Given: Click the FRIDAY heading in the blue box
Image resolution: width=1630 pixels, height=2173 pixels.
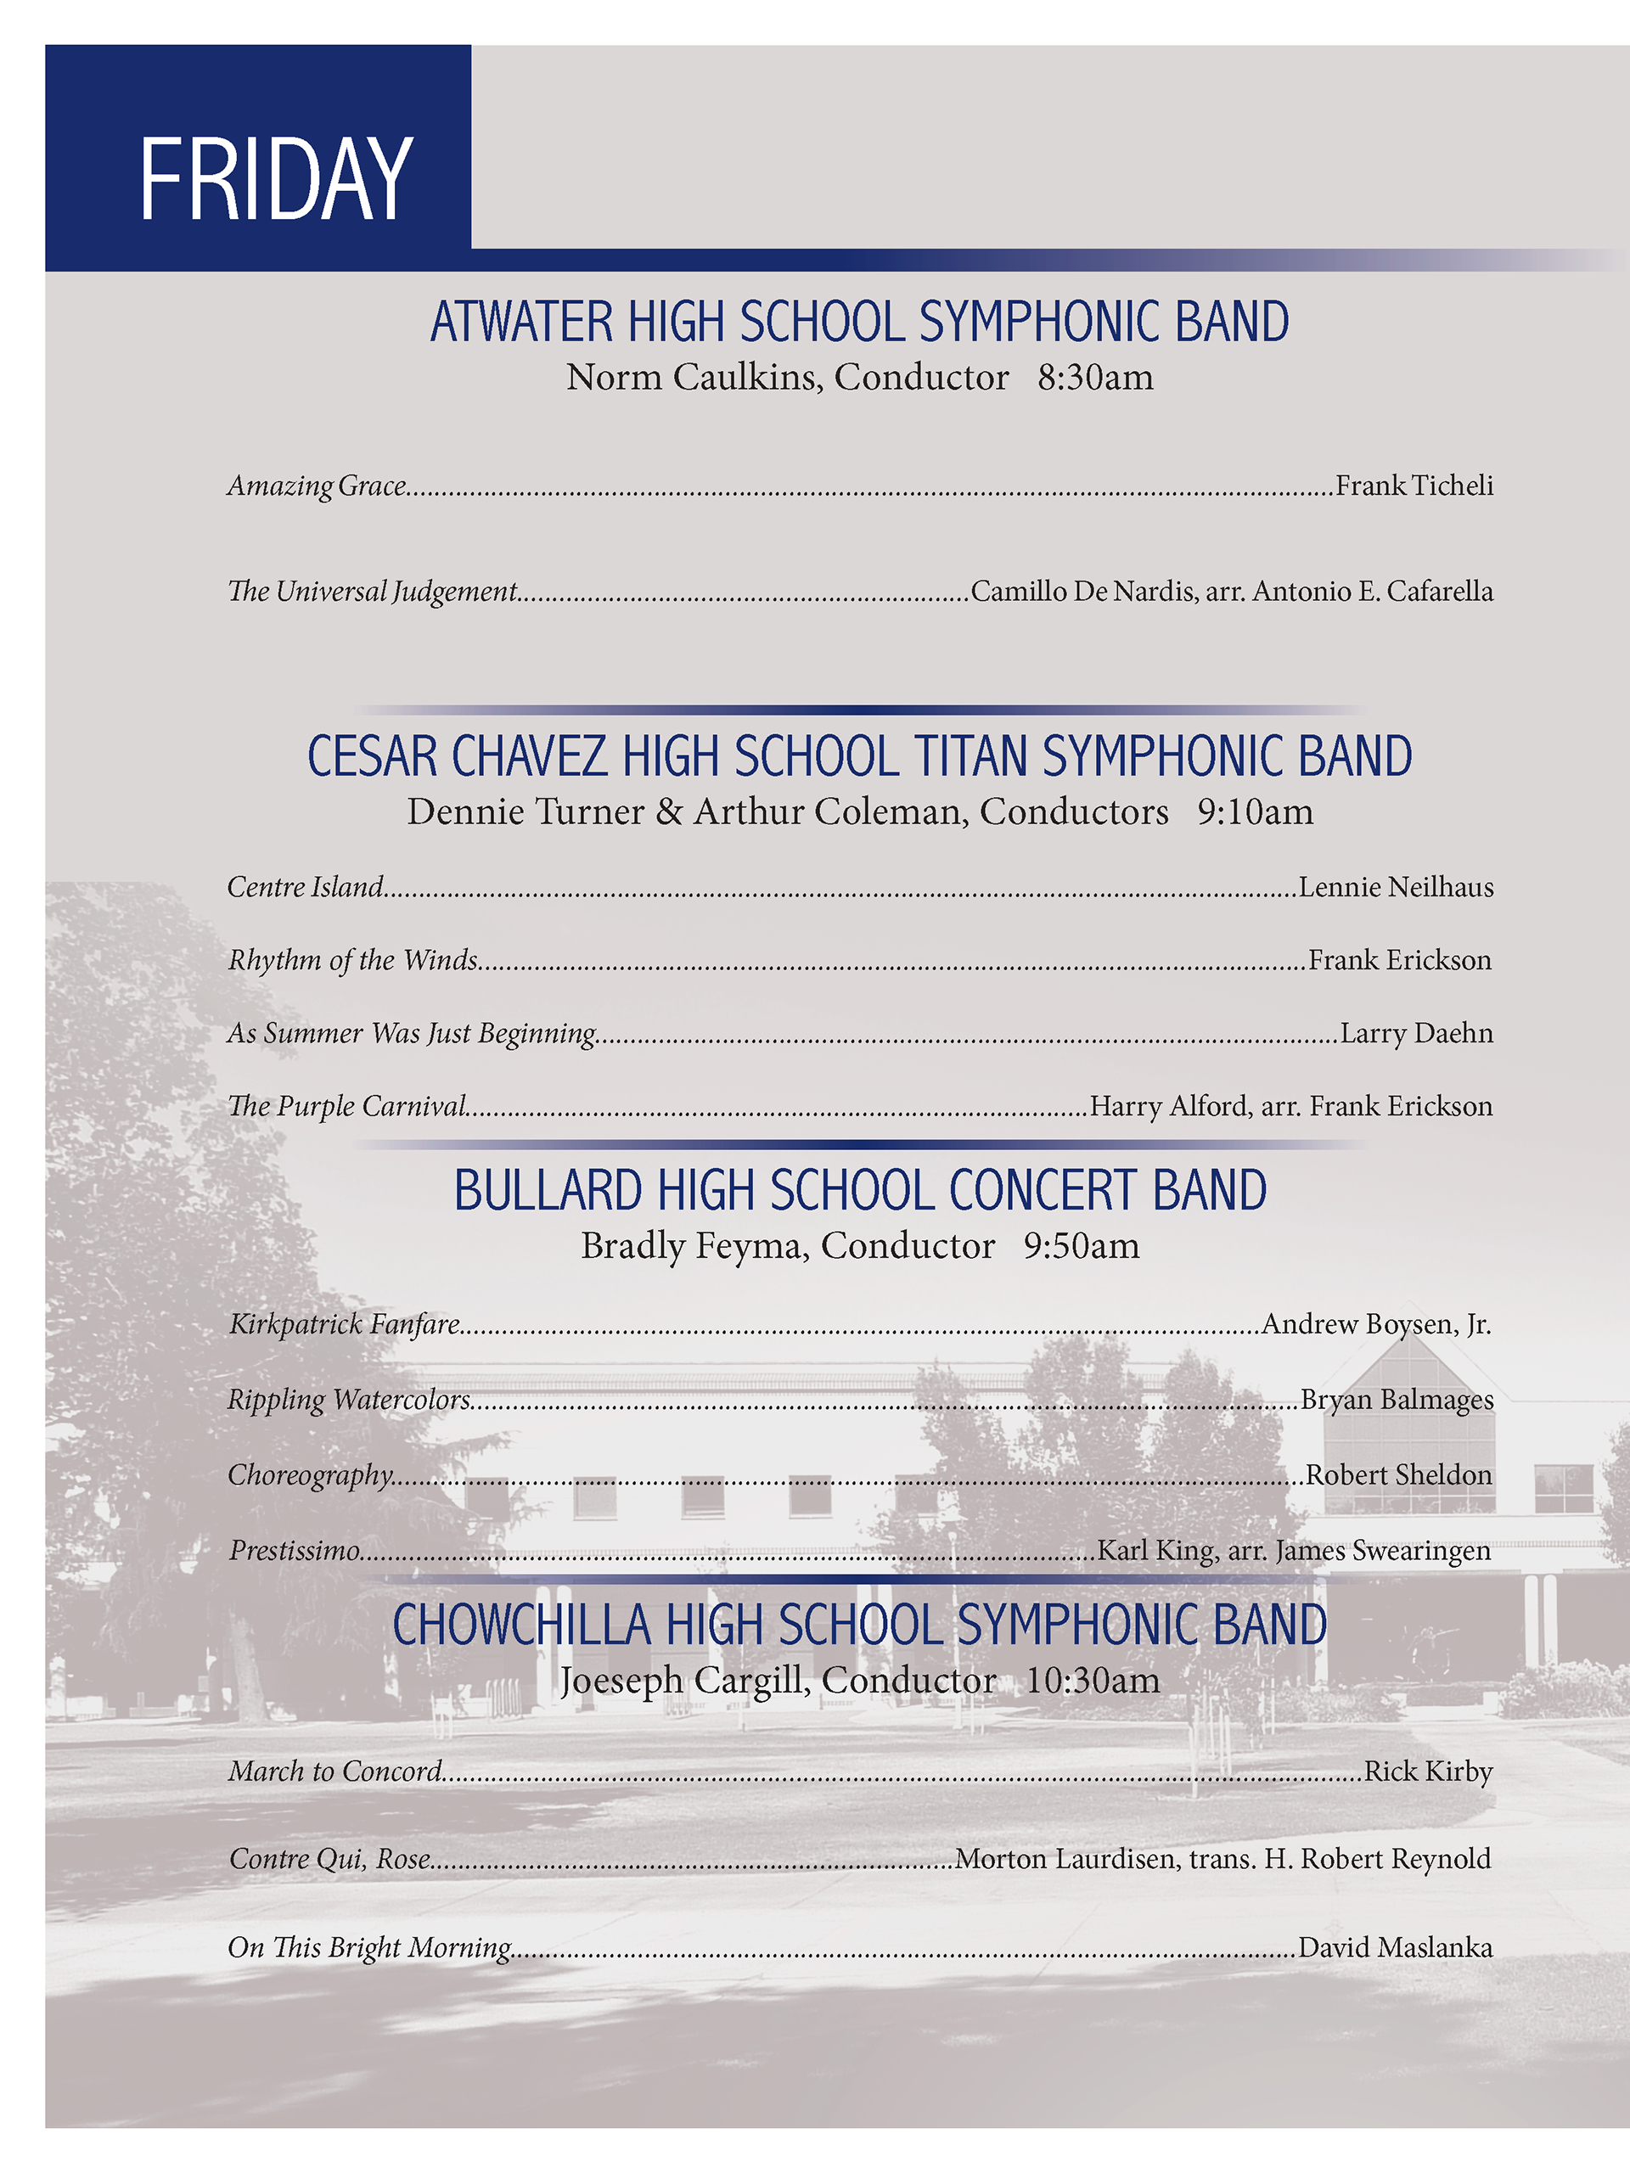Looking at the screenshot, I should [275, 179].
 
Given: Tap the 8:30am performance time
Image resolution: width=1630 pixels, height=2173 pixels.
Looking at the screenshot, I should [1094, 377].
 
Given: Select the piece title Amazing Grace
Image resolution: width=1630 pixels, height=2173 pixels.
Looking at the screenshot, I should [317, 486].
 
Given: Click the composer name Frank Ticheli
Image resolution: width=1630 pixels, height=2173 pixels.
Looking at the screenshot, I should [1414, 486].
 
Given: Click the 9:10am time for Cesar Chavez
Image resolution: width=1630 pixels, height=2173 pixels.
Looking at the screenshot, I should [1255, 811].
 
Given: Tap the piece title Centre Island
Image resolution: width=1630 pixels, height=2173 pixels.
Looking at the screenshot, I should [305, 887].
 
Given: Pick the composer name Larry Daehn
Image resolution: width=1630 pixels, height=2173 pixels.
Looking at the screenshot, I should [1416, 1034].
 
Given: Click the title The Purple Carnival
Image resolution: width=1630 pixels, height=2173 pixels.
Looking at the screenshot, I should [347, 1106].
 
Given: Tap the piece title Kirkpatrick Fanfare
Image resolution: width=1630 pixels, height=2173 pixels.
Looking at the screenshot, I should [345, 1324].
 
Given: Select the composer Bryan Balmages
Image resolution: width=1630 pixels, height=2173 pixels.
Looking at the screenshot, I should [1397, 1399].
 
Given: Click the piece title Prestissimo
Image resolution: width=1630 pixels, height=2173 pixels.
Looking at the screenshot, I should [295, 1550].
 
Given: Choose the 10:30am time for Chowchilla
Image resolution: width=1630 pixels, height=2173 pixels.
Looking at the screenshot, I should [1093, 1680].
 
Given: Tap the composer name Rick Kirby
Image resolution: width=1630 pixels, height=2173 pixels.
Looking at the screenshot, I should [1428, 1772].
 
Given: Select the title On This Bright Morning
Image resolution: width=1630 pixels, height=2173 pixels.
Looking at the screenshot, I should [369, 1947].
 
